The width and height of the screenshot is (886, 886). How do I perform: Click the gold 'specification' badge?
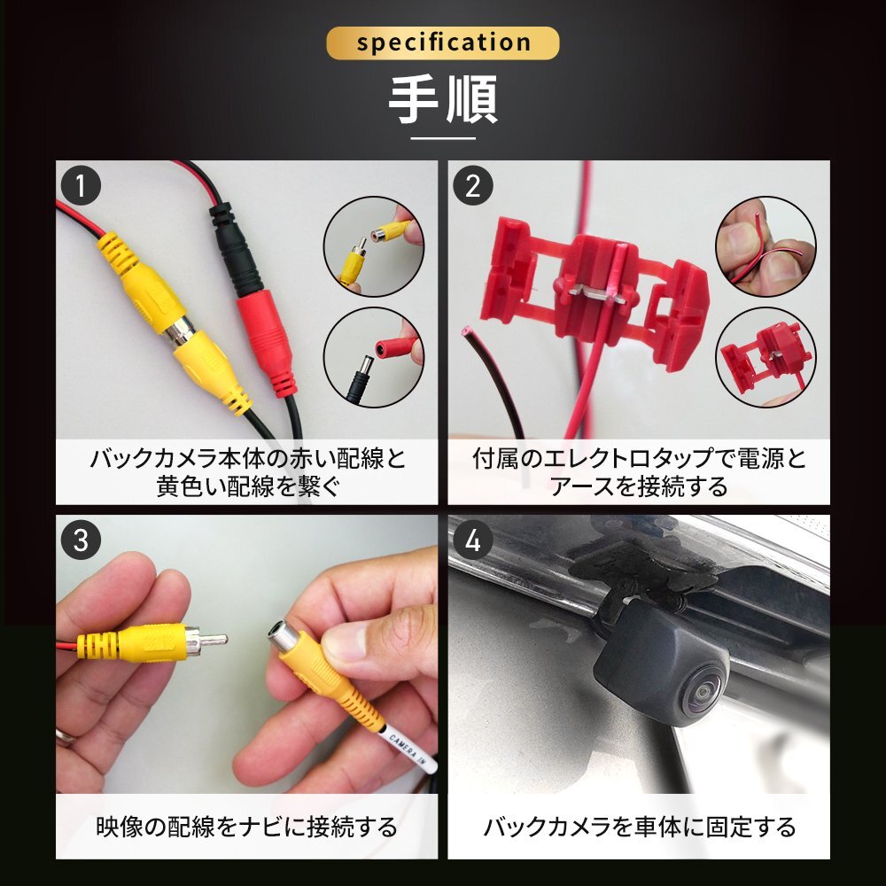(442, 43)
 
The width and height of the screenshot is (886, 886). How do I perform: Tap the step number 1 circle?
(81, 186)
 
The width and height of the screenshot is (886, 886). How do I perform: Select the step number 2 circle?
(473, 186)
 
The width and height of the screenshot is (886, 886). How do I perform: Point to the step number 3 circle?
(81, 540)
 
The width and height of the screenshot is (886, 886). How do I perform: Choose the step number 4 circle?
(473, 540)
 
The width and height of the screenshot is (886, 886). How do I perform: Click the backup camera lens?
(704, 693)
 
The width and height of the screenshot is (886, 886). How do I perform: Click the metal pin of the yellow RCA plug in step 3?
(214, 640)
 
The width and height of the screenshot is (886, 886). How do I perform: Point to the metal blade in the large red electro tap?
(596, 294)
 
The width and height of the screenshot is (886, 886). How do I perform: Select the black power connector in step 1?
(235, 251)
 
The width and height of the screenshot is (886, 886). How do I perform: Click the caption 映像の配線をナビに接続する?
(247, 827)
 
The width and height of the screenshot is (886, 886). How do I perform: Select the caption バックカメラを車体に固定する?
(639, 827)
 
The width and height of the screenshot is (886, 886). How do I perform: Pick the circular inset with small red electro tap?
(766, 357)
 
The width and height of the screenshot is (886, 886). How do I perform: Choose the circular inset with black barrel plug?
(374, 357)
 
